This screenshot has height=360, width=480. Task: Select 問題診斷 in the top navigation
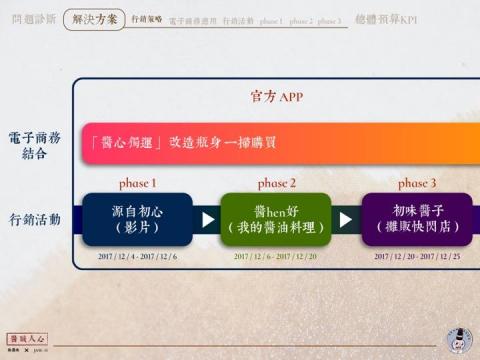pyautogui.click(x=32, y=19)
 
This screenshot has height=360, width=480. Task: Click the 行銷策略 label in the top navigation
pyautogui.click(x=146, y=19)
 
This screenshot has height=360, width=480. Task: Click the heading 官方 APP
pyautogui.click(x=275, y=97)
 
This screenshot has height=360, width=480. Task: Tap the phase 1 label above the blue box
pyautogui.click(x=137, y=183)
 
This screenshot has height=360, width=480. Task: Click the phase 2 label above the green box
pyautogui.click(x=276, y=183)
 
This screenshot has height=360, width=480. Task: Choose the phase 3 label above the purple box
pyautogui.click(x=416, y=183)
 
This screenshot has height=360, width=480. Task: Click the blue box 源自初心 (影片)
pyautogui.click(x=137, y=219)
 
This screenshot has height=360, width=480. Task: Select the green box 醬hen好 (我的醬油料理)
pyautogui.click(x=276, y=219)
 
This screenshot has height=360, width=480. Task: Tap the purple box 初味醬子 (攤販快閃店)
pyautogui.click(x=416, y=219)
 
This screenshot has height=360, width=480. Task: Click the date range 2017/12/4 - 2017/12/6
pyautogui.click(x=136, y=257)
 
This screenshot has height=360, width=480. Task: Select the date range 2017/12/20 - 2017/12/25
pyautogui.click(x=416, y=257)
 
